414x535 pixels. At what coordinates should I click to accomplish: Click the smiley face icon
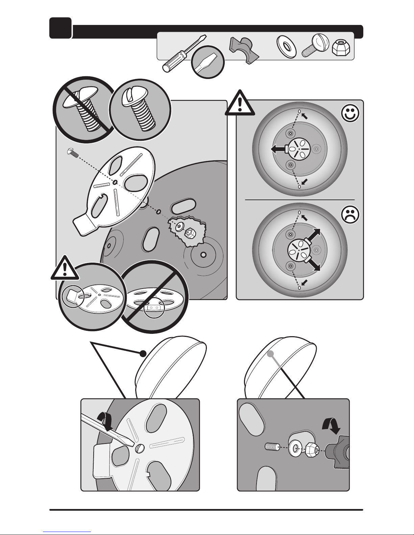[x=350, y=114]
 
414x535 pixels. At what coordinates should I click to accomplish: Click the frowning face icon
[x=350, y=215]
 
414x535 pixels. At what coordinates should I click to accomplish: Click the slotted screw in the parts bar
[x=315, y=47]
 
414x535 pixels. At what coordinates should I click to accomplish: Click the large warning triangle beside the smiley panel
[x=240, y=103]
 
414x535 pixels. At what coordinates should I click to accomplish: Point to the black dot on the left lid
[x=143, y=353]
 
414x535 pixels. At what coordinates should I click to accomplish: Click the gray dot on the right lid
[x=270, y=353]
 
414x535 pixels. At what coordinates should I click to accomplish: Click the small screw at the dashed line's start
[x=72, y=153]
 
